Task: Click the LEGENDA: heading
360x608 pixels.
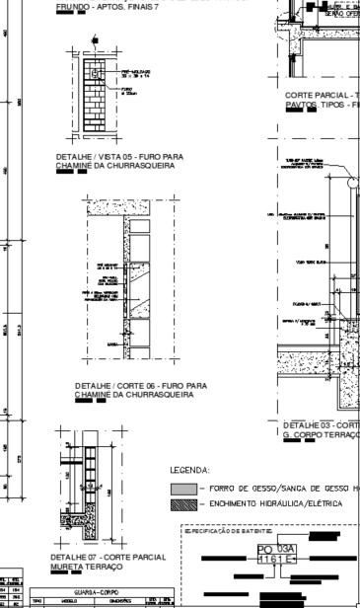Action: point(190,471)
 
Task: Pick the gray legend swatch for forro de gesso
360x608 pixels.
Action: point(183,489)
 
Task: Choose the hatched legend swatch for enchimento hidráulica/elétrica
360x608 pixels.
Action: point(183,504)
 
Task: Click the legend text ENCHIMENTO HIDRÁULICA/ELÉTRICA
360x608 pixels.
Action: point(271,504)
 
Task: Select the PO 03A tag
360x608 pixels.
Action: point(276,549)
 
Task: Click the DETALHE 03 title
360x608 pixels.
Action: point(321,425)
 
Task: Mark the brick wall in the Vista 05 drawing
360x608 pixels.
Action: point(95,92)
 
